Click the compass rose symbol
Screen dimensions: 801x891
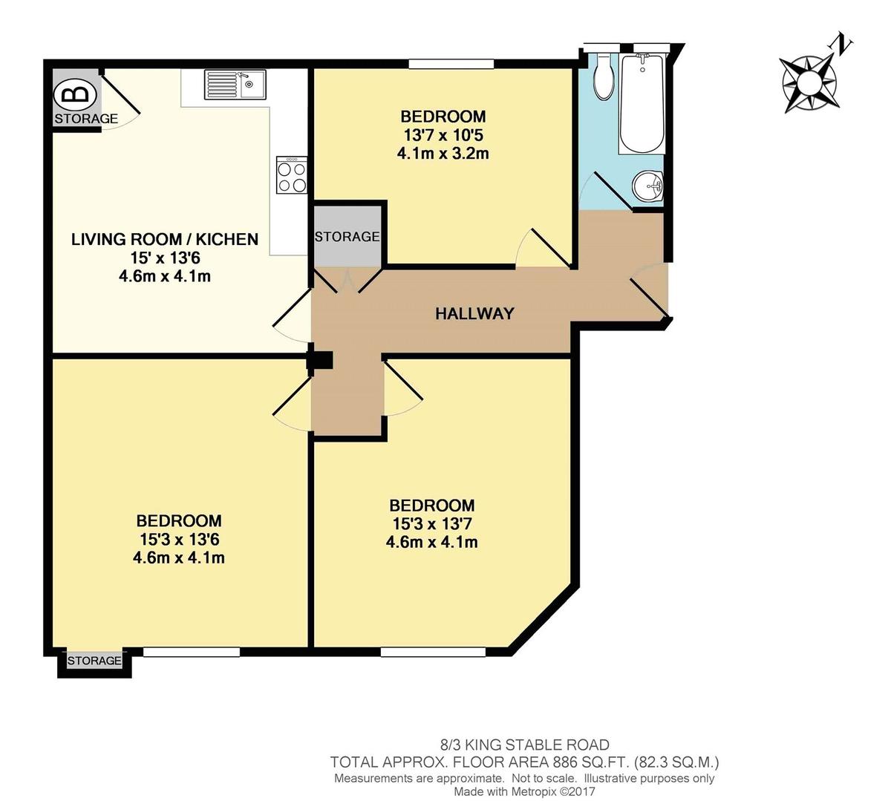pyautogui.click(x=808, y=81)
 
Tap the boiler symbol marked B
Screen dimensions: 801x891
pyautogui.click(x=76, y=95)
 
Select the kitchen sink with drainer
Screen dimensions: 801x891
pyautogui.click(x=235, y=84)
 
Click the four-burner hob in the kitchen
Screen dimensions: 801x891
pyautogui.click(x=292, y=175)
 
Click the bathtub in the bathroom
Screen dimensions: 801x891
pyautogui.click(x=642, y=104)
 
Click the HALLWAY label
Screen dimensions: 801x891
pyautogui.click(x=474, y=313)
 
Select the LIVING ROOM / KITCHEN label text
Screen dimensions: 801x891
pyautogui.click(x=165, y=239)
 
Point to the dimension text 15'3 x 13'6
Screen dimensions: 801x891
pyautogui.click(x=179, y=540)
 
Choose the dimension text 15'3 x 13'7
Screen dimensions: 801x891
pyautogui.click(x=432, y=524)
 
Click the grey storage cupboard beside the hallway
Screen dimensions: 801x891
pyautogui.click(x=347, y=237)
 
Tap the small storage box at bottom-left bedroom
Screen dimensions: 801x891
pyautogui.click(x=94, y=661)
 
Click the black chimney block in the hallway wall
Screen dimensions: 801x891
pyautogui.click(x=321, y=359)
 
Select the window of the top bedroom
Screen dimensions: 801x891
pyautogui.click(x=451, y=65)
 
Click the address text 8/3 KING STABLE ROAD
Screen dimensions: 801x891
pyautogui.click(x=524, y=745)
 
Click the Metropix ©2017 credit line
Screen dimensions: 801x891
pyautogui.click(x=524, y=792)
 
